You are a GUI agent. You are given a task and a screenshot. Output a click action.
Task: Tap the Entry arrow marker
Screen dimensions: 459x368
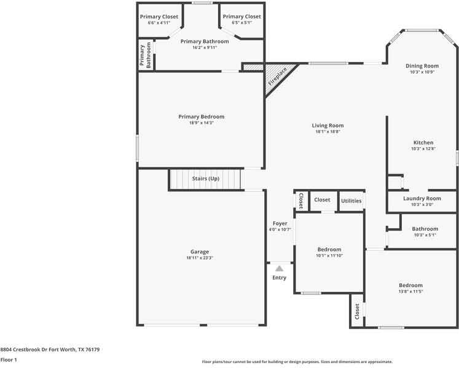click(279, 268)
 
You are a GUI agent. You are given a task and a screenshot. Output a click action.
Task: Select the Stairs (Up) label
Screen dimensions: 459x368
click(205, 178)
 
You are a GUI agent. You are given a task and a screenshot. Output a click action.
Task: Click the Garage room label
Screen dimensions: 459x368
click(200, 251)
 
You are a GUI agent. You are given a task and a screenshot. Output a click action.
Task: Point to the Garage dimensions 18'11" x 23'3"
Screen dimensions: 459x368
click(200, 258)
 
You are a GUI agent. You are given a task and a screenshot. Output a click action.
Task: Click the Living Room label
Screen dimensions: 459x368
click(328, 125)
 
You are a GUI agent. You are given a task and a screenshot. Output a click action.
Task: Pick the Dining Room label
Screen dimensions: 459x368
click(422, 66)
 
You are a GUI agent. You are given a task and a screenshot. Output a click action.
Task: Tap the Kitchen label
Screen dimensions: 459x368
click(423, 143)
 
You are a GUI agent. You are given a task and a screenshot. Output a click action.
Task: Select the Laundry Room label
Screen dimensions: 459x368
click(422, 199)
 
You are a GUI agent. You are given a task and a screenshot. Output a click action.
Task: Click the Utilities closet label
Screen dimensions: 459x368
click(351, 201)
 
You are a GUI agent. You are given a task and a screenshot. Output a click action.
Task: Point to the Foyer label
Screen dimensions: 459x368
click(280, 223)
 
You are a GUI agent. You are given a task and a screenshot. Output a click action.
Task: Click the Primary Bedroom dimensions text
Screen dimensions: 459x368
click(202, 123)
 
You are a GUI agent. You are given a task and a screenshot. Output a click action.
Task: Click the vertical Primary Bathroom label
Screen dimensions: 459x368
click(145, 55)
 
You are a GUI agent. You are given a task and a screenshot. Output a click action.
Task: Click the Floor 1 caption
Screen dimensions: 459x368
click(9, 360)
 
